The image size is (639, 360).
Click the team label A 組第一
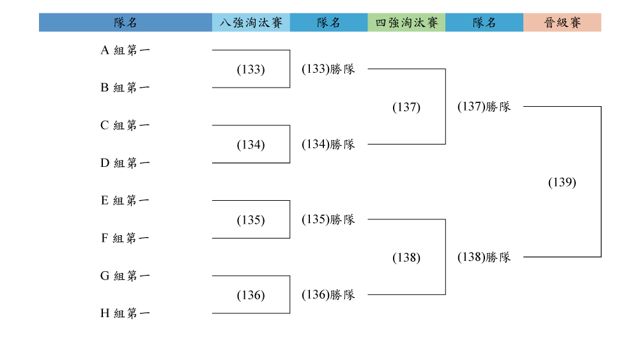[x=125, y=50]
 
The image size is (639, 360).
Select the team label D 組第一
[x=125, y=163]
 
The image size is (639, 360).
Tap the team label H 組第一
[x=125, y=313]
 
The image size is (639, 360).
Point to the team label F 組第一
[x=125, y=238]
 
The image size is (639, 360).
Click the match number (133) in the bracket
[x=250, y=69]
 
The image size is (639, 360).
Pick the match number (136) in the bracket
[x=250, y=295]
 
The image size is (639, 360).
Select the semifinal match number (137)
[x=406, y=107]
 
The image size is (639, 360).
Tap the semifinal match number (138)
[x=406, y=257]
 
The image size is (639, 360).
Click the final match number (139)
[x=562, y=182]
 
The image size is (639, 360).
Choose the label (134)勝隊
[x=328, y=145]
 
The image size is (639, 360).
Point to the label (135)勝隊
[x=328, y=219]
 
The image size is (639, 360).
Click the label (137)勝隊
[x=484, y=106]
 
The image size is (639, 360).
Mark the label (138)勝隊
[x=484, y=257]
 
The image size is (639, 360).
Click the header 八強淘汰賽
[x=251, y=22]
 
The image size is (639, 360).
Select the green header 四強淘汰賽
[x=406, y=22]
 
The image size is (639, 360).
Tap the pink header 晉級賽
[x=562, y=22]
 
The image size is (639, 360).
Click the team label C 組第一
[x=125, y=125]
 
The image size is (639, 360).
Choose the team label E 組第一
[x=125, y=201]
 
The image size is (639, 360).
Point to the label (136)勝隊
[x=328, y=294]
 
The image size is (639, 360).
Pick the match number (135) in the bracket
[x=250, y=220]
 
